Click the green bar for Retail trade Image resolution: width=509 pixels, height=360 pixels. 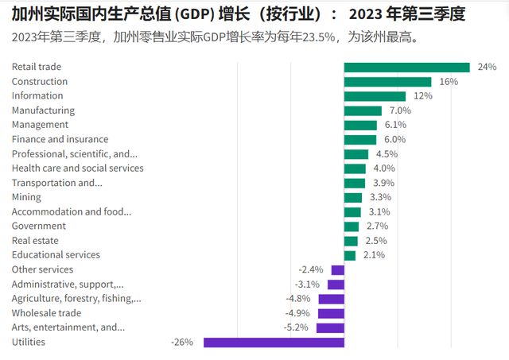coord(406,68)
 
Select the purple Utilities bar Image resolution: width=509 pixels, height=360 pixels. coord(274,343)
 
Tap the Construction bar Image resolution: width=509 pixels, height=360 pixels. coord(387,82)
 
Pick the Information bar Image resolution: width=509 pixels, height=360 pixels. coord(375,96)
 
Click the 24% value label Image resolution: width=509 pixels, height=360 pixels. coord(487,68)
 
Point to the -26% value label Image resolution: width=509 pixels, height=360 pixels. coord(182,343)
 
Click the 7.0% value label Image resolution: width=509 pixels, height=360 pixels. coord(400,110)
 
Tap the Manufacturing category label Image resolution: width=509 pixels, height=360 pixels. coord(43,110)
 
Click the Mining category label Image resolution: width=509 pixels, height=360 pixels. coord(28,197)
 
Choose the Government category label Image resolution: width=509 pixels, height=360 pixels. coord(38,226)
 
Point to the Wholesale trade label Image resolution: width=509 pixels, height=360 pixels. coord(46,313)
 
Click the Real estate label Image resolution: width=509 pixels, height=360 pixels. coord(35,241)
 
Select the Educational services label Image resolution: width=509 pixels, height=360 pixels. coord(56,255)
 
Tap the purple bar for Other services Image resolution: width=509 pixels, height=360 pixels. coord(338,270)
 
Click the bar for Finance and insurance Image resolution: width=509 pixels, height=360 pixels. coord(360,140)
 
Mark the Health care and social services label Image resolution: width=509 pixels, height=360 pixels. coord(77,168)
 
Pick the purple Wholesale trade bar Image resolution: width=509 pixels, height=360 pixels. coord(331,313)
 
